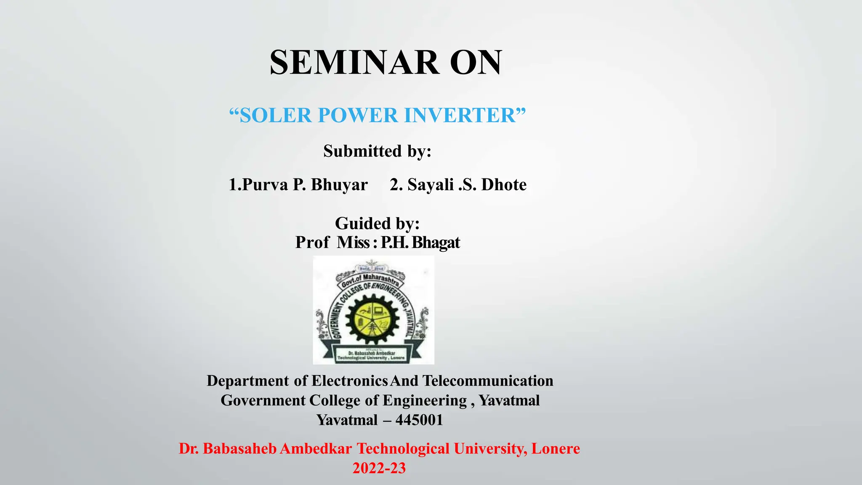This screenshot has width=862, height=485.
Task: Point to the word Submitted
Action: (362, 151)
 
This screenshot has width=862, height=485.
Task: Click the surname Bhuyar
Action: (339, 185)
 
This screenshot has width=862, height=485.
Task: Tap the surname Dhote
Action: (504, 185)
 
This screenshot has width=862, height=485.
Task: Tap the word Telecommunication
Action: (488, 381)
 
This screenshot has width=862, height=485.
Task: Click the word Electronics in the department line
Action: (350, 381)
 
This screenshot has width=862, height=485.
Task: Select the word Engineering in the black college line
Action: (425, 400)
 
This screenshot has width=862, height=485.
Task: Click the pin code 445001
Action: (419, 420)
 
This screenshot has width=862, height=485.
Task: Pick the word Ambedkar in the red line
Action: (316, 449)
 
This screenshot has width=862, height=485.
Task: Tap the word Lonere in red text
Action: (556, 449)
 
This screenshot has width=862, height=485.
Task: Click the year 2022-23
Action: (379, 468)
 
